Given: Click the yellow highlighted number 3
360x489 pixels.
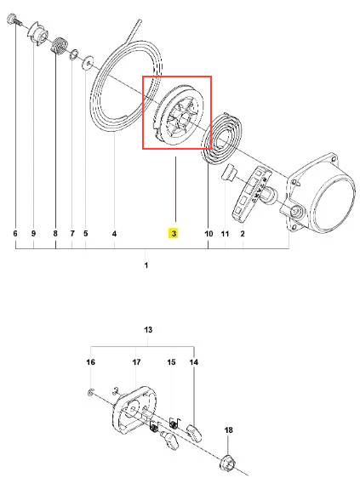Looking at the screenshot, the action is (x=174, y=233).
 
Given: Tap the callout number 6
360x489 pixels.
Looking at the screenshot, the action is (x=15, y=233).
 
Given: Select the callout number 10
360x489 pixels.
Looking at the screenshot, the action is (x=209, y=234).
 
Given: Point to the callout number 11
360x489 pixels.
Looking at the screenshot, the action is (x=225, y=234).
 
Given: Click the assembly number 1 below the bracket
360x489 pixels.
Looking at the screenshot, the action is (x=146, y=265).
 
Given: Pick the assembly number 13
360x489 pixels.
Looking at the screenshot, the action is (x=148, y=330).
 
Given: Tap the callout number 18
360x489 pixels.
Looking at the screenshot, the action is (x=228, y=430).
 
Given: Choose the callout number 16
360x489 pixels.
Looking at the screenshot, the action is (x=90, y=362).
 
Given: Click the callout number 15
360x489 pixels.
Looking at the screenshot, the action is (x=171, y=362).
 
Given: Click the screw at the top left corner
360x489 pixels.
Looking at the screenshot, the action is (x=14, y=20).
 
